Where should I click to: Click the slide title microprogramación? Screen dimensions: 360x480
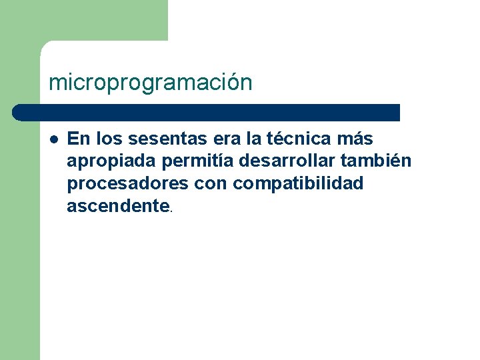[x=151, y=83]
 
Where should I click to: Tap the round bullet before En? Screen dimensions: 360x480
[x=53, y=139]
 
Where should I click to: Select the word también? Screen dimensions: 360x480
[x=379, y=161]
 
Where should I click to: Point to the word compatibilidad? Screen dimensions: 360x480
[x=298, y=184]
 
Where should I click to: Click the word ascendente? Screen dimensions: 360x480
[x=118, y=206]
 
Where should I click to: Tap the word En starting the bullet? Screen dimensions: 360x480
[x=79, y=139]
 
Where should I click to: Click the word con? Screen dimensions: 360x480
[x=210, y=184]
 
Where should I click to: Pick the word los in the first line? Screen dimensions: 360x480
[x=109, y=139]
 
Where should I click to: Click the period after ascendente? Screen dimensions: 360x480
[x=171, y=210]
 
